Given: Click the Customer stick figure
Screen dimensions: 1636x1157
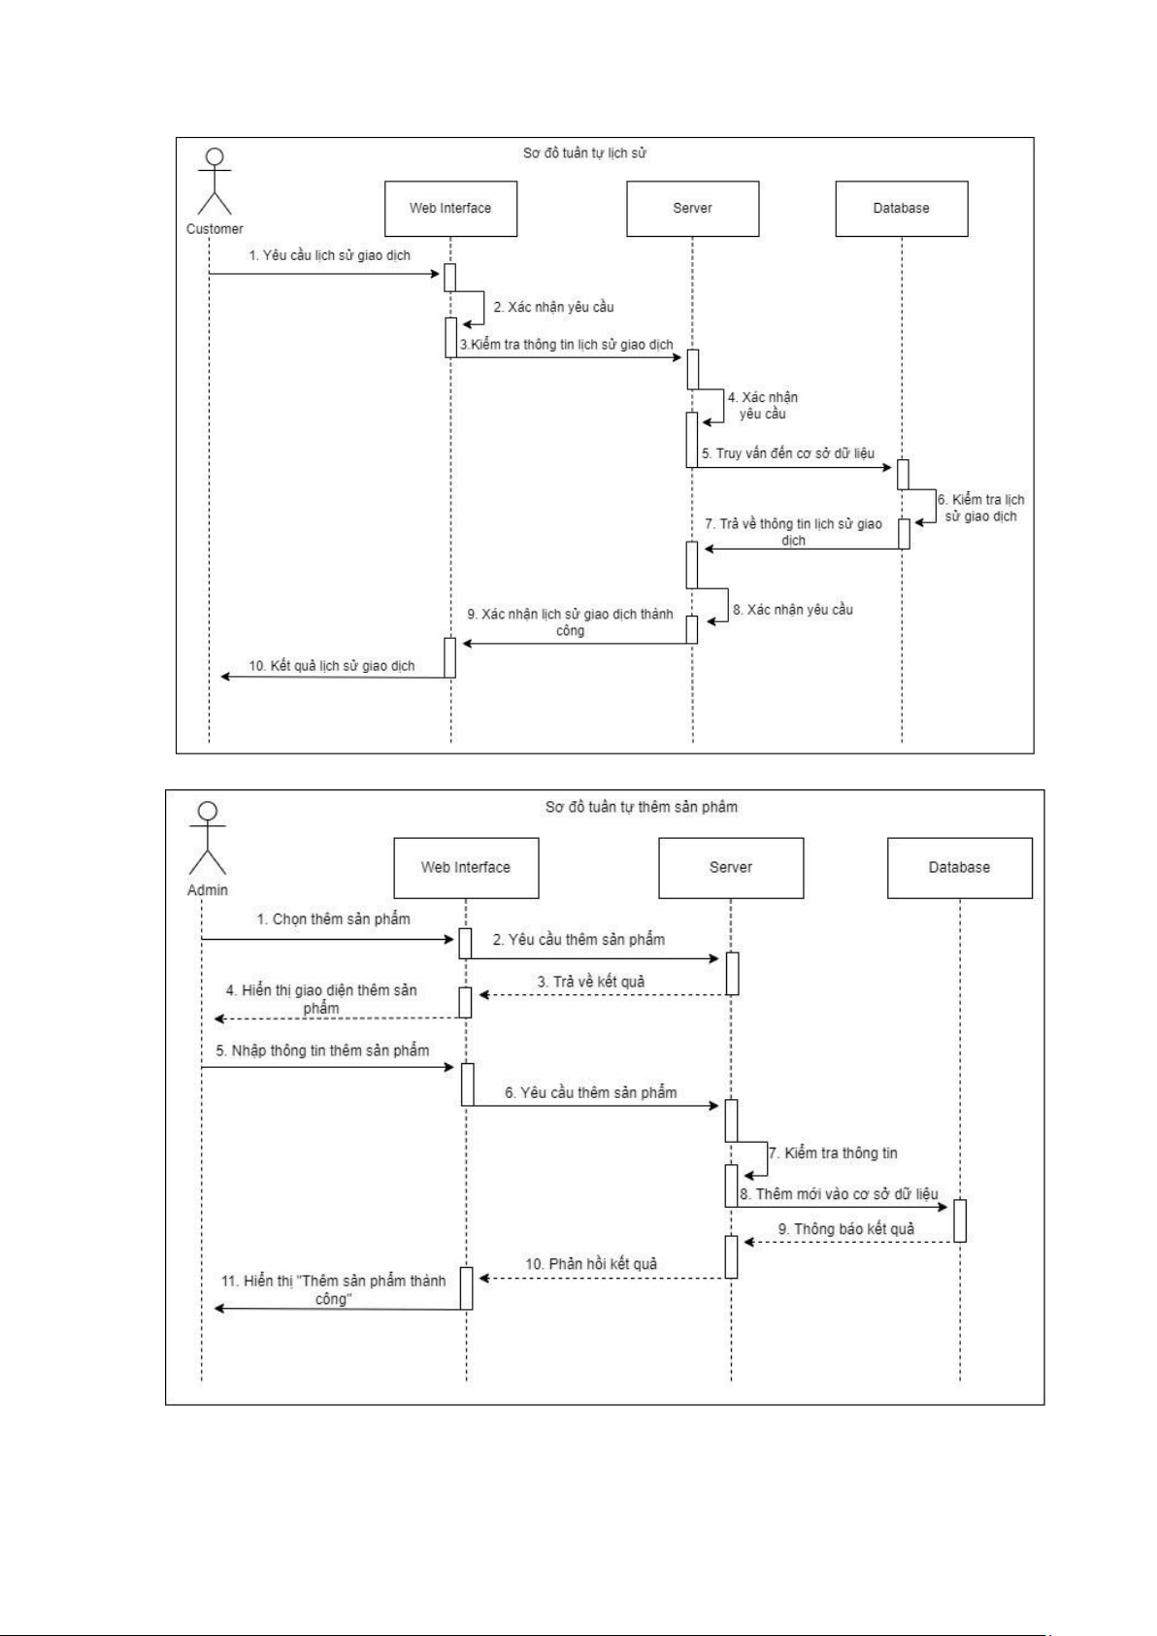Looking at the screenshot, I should pyautogui.click(x=215, y=182).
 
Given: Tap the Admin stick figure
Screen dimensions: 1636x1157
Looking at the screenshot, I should pyautogui.click(x=207, y=838).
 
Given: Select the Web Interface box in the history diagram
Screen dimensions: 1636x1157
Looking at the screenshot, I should pyautogui.click(x=450, y=208).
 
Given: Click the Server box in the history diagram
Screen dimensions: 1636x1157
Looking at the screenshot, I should pyautogui.click(x=692, y=208).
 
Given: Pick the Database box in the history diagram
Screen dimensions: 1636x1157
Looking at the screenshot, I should pyautogui.click(x=901, y=208).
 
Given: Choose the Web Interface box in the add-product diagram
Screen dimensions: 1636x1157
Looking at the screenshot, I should pyautogui.click(x=466, y=867).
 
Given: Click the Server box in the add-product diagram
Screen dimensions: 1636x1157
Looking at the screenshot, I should pyautogui.click(x=731, y=867).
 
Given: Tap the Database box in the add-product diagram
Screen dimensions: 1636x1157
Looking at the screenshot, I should pyautogui.click(x=959, y=867).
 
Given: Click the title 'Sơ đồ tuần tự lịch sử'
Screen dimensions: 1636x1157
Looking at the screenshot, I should pyautogui.click(x=584, y=153).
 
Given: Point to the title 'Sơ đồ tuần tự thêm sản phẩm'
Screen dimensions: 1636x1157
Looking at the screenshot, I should pyautogui.click(x=641, y=807).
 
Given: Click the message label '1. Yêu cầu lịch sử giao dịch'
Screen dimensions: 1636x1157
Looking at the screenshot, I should pyautogui.click(x=330, y=255).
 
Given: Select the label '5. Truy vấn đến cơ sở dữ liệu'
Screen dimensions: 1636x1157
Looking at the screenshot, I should pyautogui.click(x=788, y=453).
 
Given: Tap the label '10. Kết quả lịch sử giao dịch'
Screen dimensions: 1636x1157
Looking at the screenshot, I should pyautogui.click(x=332, y=666).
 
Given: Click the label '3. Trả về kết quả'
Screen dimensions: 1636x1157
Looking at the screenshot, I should pyautogui.click(x=591, y=982).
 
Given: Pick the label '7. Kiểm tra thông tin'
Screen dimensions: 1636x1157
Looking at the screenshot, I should pyautogui.click(x=833, y=1153).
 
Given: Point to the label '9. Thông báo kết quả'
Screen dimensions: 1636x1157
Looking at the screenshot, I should pyautogui.click(x=846, y=1229).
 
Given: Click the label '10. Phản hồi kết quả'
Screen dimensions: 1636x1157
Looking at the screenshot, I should pyautogui.click(x=591, y=1264).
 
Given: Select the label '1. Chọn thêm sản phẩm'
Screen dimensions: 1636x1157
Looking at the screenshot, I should pyautogui.click(x=333, y=918).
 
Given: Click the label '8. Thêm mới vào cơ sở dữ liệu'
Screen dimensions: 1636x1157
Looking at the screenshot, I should pyautogui.click(x=839, y=1194).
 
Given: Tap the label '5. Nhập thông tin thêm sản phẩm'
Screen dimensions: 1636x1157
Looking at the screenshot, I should pyautogui.click(x=322, y=1051).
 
